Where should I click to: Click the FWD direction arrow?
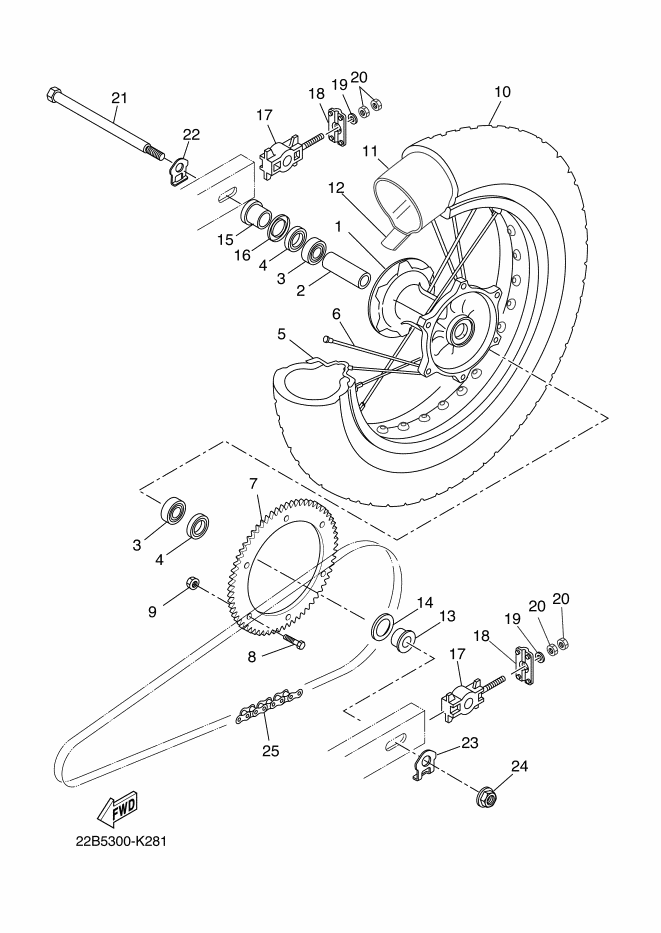tap(117, 809)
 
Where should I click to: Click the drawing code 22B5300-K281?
tap(121, 842)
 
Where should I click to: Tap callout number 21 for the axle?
tap(120, 98)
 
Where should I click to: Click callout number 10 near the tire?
tap(502, 92)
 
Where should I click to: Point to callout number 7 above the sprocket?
tap(253, 483)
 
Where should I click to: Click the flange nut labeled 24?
tap(488, 797)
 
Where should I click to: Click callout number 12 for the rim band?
tap(336, 189)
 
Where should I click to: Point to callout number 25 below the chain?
tap(271, 751)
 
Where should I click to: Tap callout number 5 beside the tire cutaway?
tap(281, 334)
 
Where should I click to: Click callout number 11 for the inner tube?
tap(370, 151)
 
